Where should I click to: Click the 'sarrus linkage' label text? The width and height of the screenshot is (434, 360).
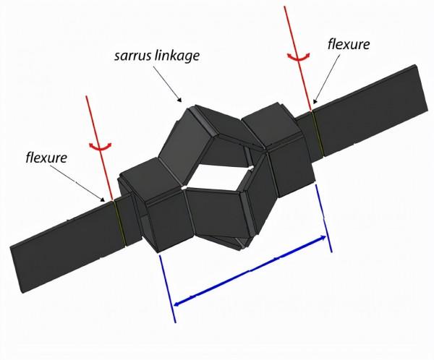pyautogui.click(x=157, y=56)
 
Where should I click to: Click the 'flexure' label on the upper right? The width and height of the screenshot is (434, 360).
pyautogui.click(x=349, y=44)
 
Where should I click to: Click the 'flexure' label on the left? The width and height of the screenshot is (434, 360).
pyautogui.click(x=46, y=158)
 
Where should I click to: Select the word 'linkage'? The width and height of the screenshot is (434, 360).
pyautogui.click(x=178, y=56)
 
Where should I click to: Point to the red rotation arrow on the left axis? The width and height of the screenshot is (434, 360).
pyautogui.click(x=101, y=146)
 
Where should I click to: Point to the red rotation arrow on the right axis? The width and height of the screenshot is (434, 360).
pyautogui.click(x=298, y=57)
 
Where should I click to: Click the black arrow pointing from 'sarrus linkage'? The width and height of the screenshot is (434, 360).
pyautogui.click(x=167, y=84)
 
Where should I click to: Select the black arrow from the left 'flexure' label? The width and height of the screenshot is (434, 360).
pyautogui.click(x=77, y=183)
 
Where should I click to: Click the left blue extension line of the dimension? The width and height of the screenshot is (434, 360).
pyautogui.click(x=168, y=288)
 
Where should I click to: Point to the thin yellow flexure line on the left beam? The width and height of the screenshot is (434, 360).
pyautogui.click(x=119, y=223)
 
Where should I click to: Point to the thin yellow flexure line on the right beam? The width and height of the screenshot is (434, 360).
pyautogui.click(x=318, y=134)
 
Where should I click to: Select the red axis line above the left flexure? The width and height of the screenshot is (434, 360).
pyautogui.click(x=99, y=147)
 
